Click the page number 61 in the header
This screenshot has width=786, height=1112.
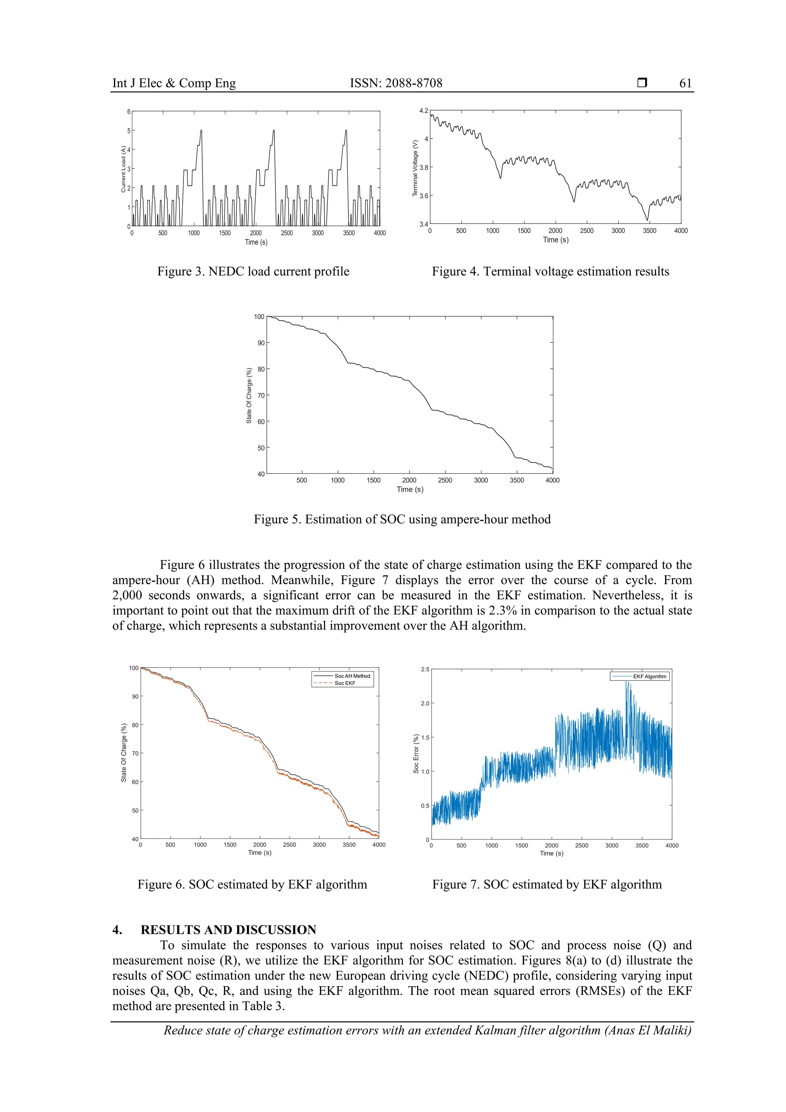coord(685,83)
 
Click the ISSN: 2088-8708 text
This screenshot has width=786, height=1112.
coord(396,83)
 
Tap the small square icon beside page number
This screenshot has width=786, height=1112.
coord(642,83)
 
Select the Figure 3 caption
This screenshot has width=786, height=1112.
coord(253,271)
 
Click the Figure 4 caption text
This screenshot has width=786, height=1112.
coord(550,271)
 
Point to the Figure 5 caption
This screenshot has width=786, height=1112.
coord(402,519)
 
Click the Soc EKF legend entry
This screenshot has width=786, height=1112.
coord(345,683)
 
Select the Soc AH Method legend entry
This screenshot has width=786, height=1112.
coord(352,676)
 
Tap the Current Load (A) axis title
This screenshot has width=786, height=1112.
coord(124,169)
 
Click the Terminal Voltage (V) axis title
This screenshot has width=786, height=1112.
coord(415,168)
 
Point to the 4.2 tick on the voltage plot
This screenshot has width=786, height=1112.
coord(424,111)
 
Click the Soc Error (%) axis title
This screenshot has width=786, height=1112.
coord(416,753)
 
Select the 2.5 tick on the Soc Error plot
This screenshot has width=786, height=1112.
coord(425,669)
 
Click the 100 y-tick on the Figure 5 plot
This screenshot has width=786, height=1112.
coord(259,317)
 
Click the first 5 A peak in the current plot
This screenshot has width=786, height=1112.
coord(201,131)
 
